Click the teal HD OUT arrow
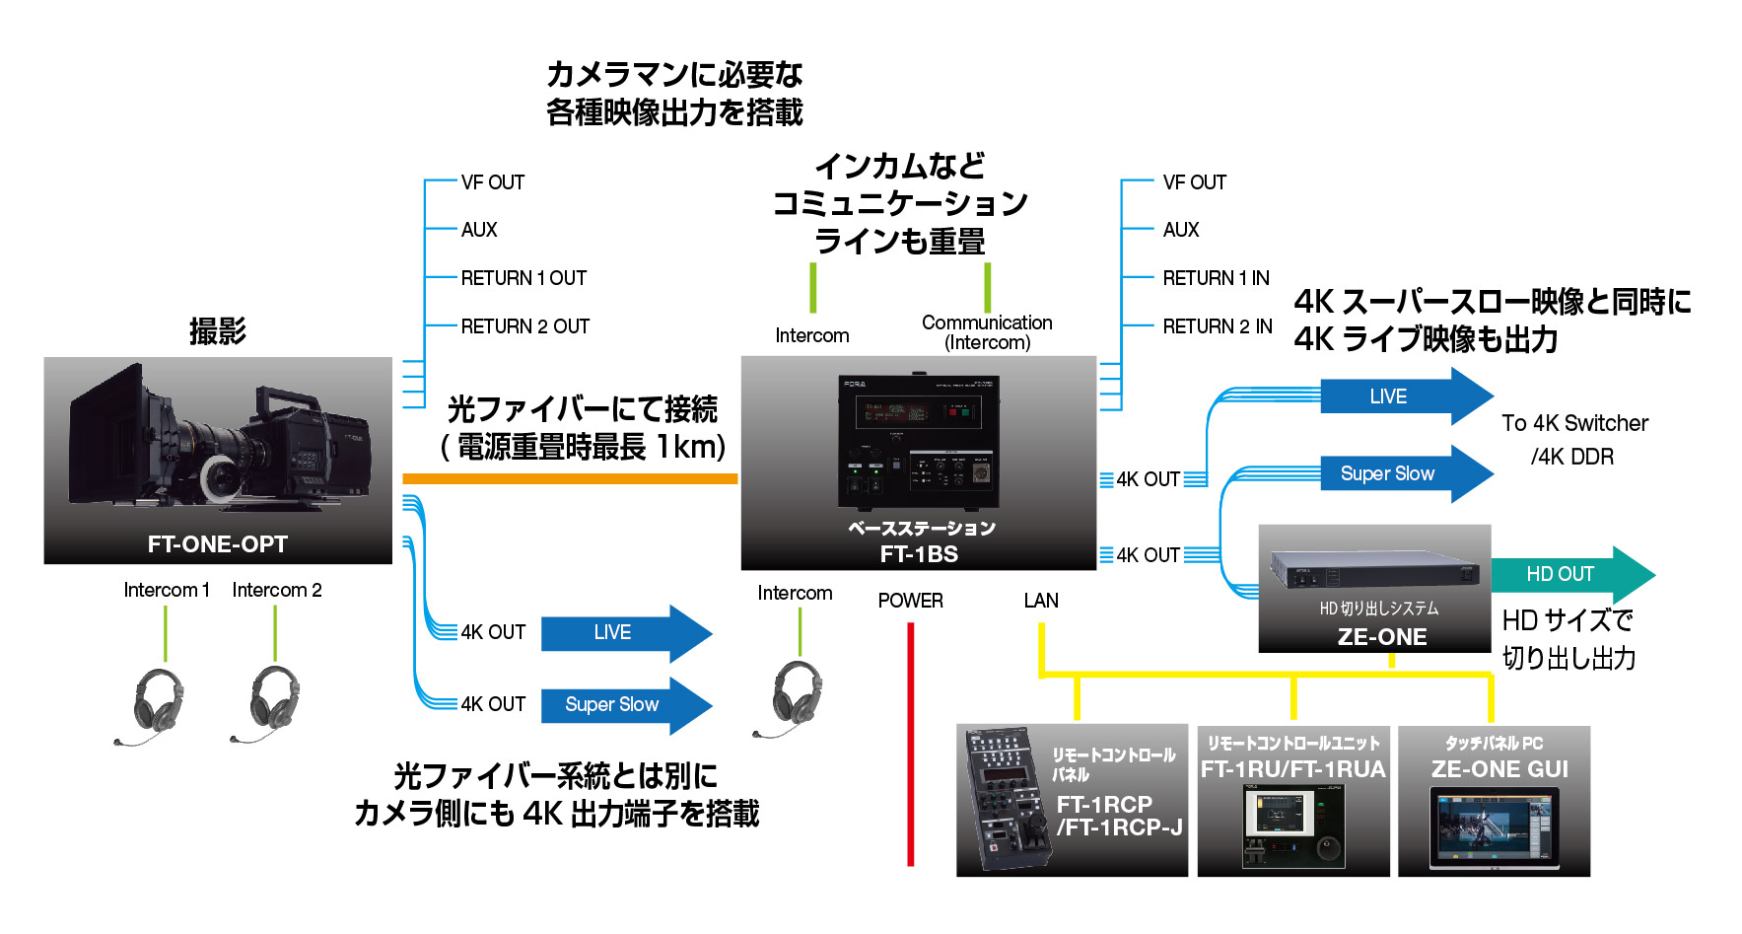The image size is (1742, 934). tap(1568, 574)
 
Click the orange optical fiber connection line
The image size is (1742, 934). tap(570, 479)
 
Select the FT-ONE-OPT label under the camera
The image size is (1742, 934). tap(218, 544)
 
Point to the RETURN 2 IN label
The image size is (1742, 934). tap(1218, 326)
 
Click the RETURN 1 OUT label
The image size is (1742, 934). tap(523, 278)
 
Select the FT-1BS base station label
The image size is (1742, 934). tap(919, 554)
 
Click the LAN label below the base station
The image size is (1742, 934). tap(1041, 601)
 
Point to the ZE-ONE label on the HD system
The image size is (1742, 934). tap(1382, 637)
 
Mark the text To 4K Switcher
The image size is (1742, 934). tap(1574, 423)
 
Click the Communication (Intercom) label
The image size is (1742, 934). tap(987, 332)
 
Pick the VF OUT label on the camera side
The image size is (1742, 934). tap(493, 182)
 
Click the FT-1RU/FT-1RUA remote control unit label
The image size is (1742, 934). tap(1292, 769)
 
